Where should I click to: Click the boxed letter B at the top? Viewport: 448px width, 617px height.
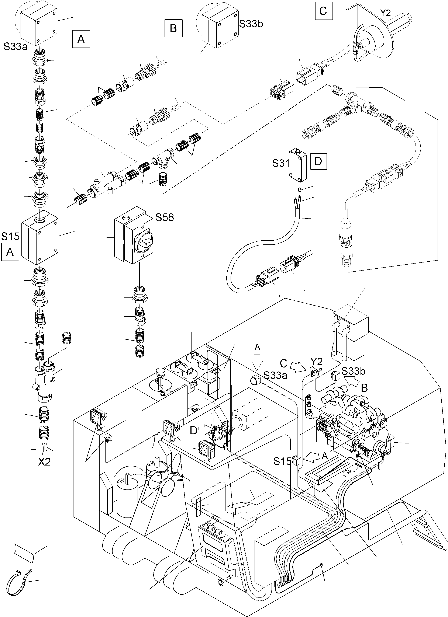(173, 28)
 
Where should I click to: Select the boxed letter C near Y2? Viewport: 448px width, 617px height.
(323, 11)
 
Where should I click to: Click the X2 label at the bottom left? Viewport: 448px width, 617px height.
(44, 462)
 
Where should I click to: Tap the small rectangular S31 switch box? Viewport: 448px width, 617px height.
(297, 165)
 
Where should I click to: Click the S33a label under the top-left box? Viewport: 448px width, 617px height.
(15, 47)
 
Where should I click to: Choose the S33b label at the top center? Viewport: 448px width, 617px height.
(251, 24)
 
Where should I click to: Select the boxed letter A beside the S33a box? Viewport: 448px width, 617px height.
(81, 40)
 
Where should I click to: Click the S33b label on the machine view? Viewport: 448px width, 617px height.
(353, 371)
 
